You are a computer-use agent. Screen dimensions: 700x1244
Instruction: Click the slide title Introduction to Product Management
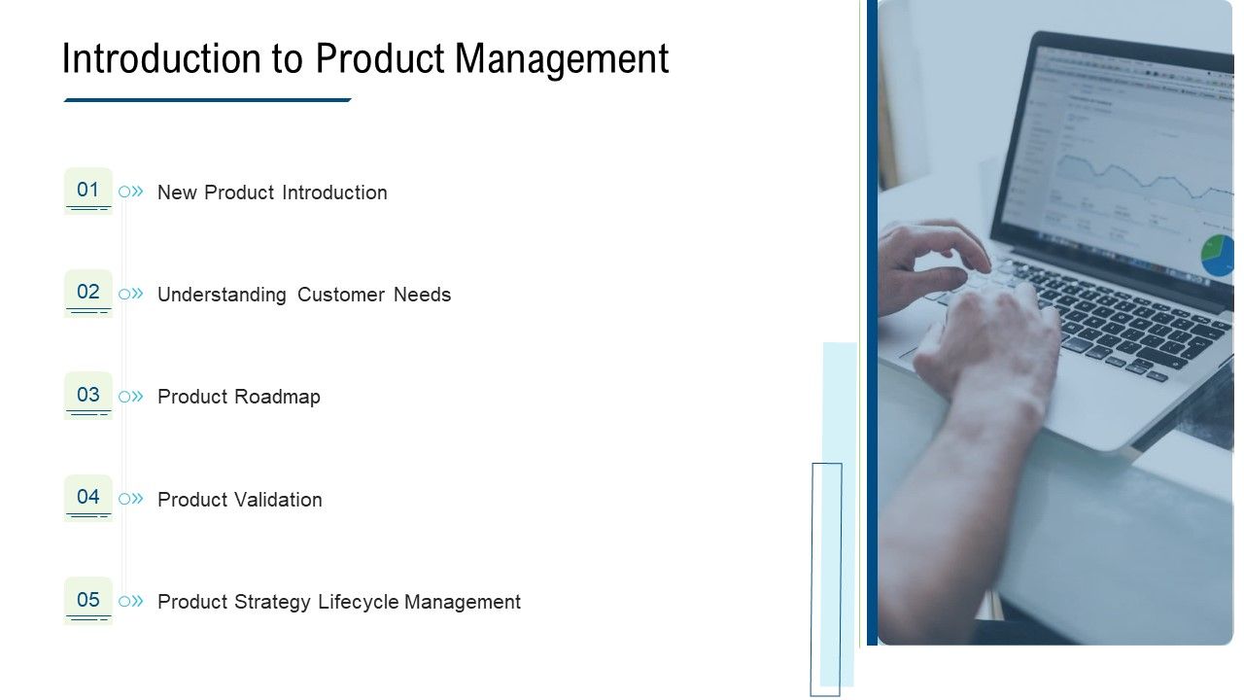365,58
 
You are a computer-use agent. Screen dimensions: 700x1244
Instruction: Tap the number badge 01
88,190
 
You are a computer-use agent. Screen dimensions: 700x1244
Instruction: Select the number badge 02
88,292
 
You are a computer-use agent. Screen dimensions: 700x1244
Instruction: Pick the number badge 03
88,395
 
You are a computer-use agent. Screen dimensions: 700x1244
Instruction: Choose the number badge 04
88,497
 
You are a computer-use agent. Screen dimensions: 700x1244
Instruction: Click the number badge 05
88,600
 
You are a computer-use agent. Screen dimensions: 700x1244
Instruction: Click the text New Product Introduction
272,192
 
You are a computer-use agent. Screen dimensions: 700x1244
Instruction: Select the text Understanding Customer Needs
304,295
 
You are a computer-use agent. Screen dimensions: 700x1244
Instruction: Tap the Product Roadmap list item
239,397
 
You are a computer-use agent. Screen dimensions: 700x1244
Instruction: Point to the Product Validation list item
240,500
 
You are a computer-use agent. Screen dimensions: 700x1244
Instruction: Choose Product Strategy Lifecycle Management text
339,602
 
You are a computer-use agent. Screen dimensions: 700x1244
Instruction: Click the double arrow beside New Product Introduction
137,192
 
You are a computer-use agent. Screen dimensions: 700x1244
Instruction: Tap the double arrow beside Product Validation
137,499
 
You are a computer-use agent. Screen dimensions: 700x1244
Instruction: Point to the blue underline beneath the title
207,99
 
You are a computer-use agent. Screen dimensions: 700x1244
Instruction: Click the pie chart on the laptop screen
1218,255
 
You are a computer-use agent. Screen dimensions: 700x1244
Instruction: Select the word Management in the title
562,58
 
